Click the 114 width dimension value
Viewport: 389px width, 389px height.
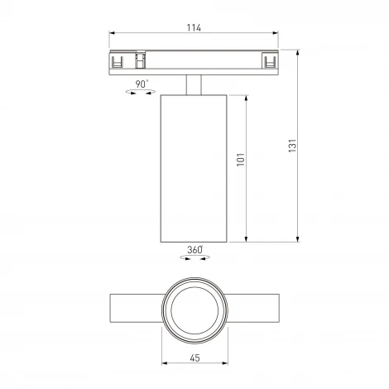194,28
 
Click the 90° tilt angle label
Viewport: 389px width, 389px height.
142,84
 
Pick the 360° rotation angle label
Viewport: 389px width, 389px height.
194,248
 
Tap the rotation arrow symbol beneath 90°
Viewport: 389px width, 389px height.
142,94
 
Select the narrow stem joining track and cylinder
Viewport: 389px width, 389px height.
194,84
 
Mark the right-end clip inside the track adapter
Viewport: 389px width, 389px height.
269,60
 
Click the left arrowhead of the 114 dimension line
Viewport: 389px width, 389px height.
113,36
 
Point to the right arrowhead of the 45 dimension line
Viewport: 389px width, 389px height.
224,364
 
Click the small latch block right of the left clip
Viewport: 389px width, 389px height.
140,60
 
